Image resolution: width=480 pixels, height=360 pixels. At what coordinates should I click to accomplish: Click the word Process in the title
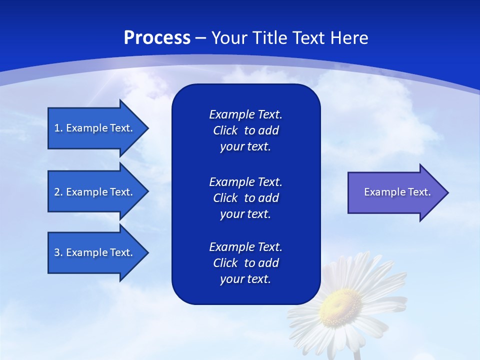click(x=157, y=38)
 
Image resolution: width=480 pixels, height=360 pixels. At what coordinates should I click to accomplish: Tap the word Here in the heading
click(x=349, y=38)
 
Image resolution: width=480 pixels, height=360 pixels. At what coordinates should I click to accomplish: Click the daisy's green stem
click(x=357, y=354)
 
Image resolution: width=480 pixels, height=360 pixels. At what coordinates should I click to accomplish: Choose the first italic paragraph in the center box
click(x=245, y=130)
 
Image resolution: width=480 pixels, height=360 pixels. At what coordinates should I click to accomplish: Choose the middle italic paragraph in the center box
click(x=245, y=197)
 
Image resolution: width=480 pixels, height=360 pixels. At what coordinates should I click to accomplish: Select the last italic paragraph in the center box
click(x=245, y=263)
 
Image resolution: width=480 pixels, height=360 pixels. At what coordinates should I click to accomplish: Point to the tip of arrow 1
click(x=148, y=128)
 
